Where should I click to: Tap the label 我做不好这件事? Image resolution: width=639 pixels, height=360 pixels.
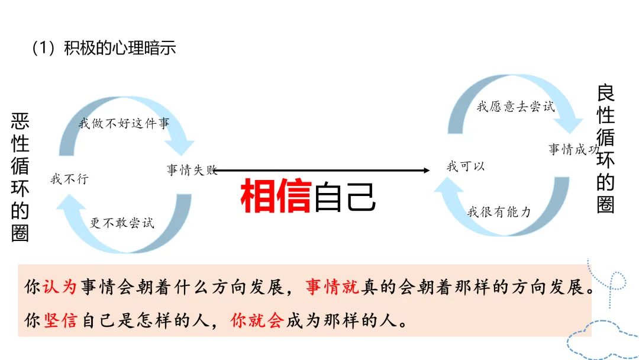point(124,124)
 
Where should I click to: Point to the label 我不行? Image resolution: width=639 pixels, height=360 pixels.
point(69,178)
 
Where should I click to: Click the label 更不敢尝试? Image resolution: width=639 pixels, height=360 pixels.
point(122,223)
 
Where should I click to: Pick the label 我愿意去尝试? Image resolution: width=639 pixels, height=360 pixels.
point(516,107)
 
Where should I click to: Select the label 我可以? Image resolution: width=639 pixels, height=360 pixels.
point(466,166)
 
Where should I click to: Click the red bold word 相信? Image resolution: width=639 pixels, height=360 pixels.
point(276,197)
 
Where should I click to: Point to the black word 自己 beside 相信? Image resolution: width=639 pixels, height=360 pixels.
point(345,197)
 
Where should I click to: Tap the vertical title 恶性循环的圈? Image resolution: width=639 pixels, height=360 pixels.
point(20,178)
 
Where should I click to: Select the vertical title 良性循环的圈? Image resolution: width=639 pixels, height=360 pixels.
point(605,149)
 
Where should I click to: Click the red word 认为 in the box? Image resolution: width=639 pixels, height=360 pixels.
point(60,287)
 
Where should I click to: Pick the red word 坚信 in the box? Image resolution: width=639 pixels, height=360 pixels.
point(60,321)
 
